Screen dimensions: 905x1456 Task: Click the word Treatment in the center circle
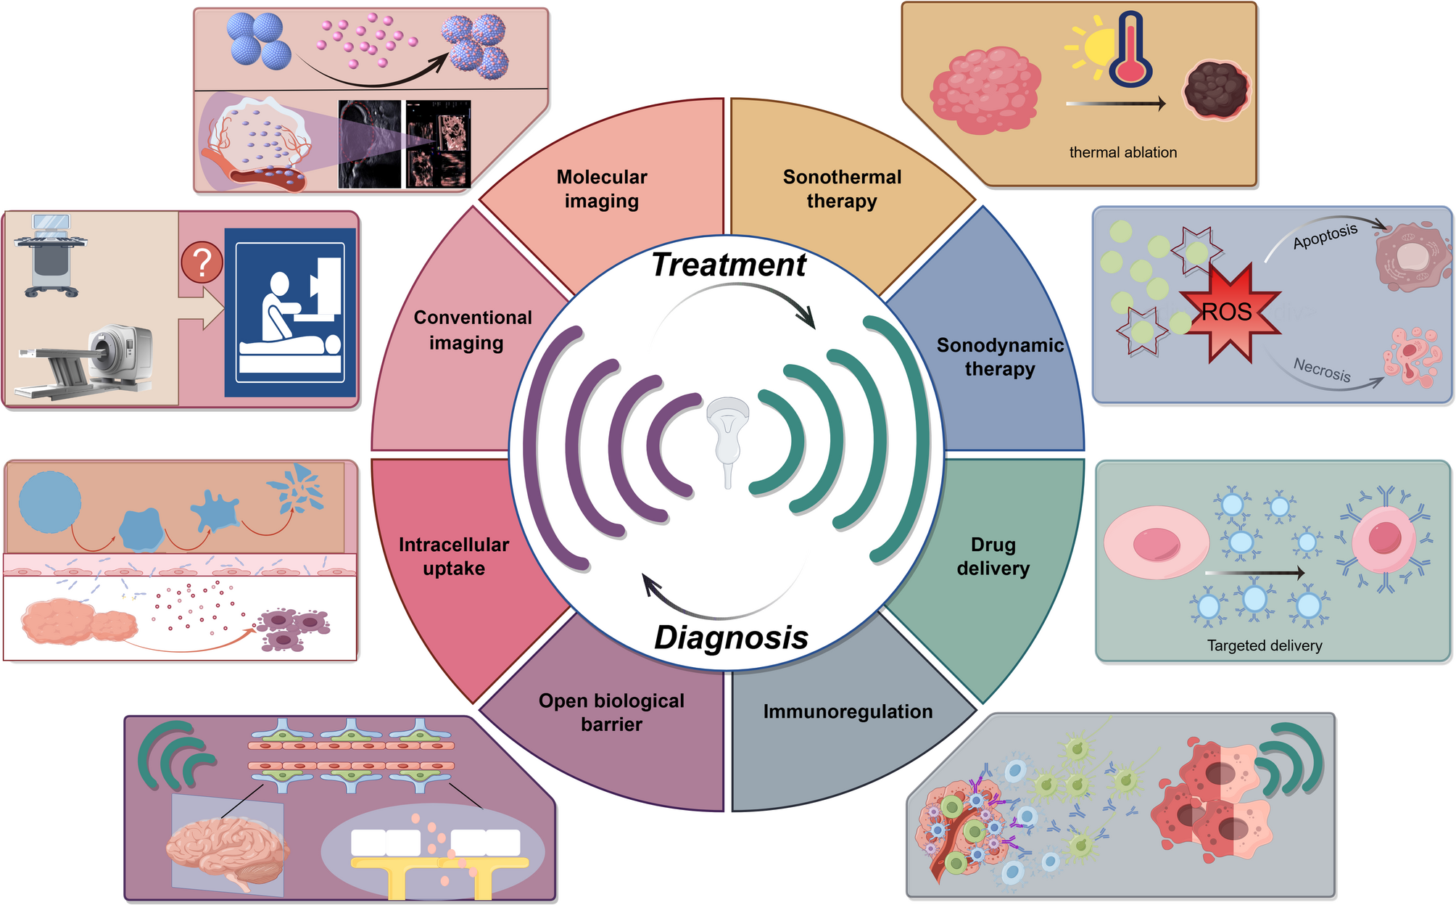[x=728, y=265]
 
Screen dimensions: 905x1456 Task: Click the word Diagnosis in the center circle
[x=731, y=637]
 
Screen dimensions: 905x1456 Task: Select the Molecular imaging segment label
[x=602, y=189]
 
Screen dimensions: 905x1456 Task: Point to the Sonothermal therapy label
[x=842, y=189]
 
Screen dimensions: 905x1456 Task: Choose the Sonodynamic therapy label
[x=1000, y=357]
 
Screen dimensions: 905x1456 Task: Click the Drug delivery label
[x=993, y=556]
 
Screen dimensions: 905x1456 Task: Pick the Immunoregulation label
[x=848, y=711]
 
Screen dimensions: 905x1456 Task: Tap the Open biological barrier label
[x=611, y=712]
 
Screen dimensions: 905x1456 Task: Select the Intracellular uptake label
[x=454, y=556]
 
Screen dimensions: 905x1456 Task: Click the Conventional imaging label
[x=472, y=330]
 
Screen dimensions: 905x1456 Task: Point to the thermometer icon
[x=1130, y=51]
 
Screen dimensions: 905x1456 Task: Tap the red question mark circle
[x=202, y=263]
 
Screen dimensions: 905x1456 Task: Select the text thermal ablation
[x=1122, y=152]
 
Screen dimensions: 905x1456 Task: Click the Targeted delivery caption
[x=1264, y=645]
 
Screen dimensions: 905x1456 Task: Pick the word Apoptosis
[x=1325, y=236]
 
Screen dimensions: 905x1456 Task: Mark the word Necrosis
[x=1322, y=370]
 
